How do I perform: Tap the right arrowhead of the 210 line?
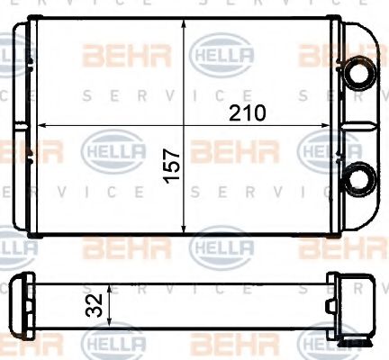point(333,124)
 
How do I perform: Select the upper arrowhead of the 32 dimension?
point(110,290)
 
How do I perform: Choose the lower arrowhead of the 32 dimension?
point(110,325)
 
